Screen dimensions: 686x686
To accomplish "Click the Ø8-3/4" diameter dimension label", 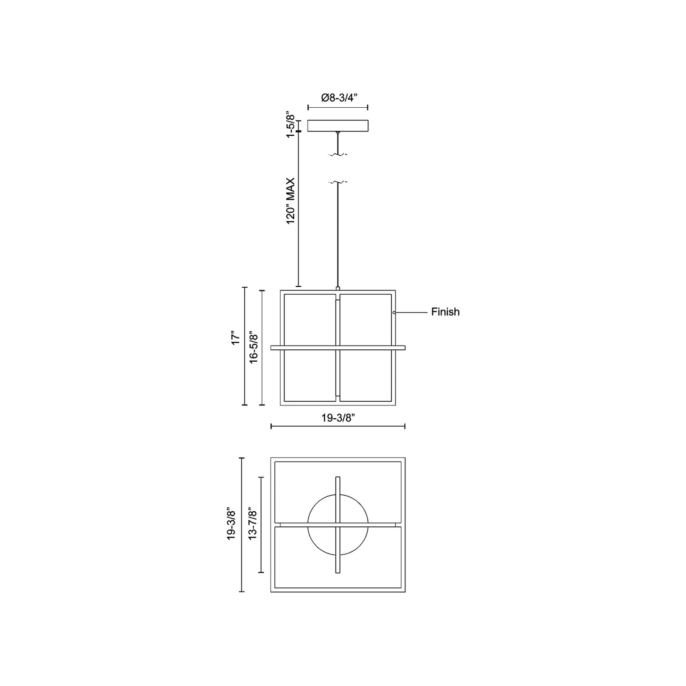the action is [x=338, y=98].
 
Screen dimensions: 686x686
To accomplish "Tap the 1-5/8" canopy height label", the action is [x=291, y=126].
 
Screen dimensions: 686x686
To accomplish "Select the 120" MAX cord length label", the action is [x=291, y=201].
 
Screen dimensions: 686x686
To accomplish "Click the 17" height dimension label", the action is [x=235, y=338].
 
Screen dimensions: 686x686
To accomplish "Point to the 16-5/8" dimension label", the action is [x=253, y=348].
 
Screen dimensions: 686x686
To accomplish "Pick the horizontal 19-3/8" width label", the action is [x=338, y=418].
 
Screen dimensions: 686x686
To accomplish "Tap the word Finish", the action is [x=445, y=312].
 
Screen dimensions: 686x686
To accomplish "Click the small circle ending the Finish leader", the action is [x=394, y=312].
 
